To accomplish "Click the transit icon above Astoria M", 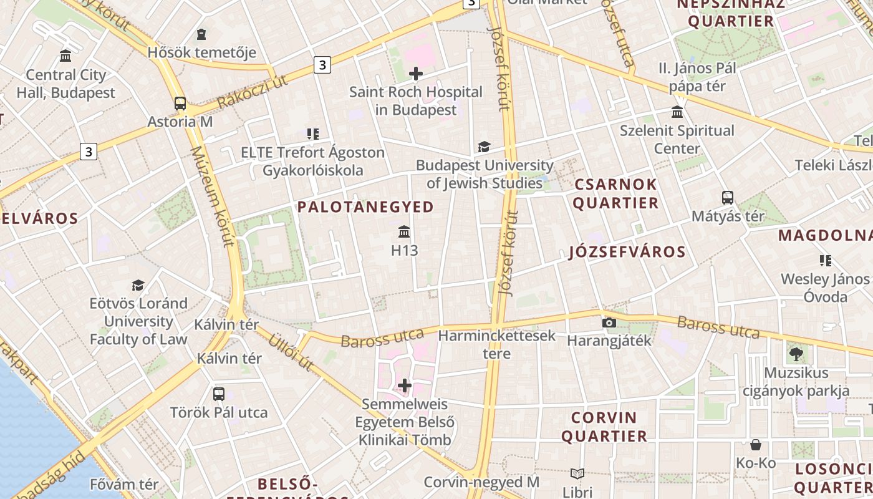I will (x=180, y=104).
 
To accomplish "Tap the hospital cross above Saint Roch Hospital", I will (x=416, y=74).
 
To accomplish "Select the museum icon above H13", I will (x=404, y=232).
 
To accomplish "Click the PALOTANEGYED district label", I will (x=365, y=207).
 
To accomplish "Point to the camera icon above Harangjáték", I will (x=609, y=322).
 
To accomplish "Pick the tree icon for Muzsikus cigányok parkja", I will (x=796, y=355).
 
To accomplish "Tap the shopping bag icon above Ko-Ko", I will (x=756, y=445).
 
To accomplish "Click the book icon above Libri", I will (x=577, y=474).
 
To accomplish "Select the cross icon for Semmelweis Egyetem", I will (x=405, y=386).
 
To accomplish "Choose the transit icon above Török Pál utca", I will (x=219, y=394).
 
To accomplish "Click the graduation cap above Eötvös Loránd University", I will (x=138, y=285).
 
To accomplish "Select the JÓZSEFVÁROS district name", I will (x=627, y=253).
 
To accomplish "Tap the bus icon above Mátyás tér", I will (x=728, y=198).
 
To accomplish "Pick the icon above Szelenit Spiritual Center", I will (x=677, y=112).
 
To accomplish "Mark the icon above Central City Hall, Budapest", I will (x=66, y=56).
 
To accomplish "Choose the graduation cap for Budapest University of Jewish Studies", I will (x=484, y=147).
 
